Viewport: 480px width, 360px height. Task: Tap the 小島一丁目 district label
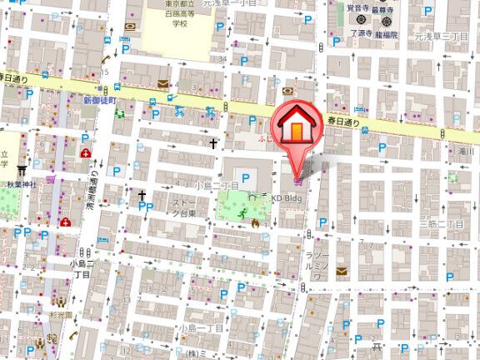coord(201,328)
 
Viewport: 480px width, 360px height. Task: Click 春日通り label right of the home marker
coord(342,122)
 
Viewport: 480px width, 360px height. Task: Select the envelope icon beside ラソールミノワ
coord(341,272)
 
